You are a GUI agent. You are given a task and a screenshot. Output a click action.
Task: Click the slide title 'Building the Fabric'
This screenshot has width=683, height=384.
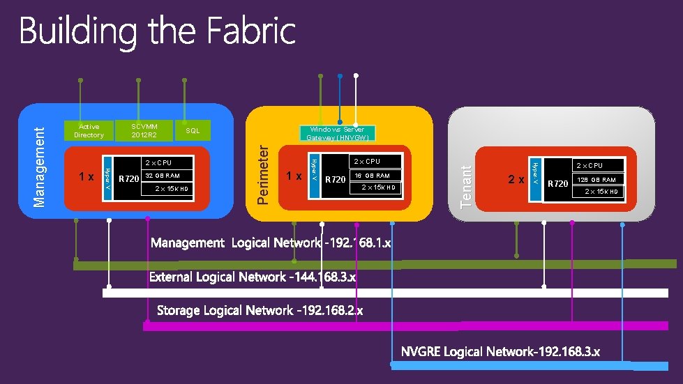(x=158, y=32)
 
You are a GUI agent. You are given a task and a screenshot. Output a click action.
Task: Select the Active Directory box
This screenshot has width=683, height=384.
(x=89, y=130)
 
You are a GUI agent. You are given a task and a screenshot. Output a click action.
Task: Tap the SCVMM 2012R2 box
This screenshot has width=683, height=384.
(x=144, y=130)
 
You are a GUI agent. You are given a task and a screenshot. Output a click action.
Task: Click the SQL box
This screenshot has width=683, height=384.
(x=193, y=130)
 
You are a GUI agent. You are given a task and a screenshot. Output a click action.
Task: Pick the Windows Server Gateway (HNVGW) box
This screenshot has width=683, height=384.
(x=338, y=133)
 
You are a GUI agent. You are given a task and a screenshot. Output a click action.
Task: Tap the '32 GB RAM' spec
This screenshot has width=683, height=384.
(x=163, y=176)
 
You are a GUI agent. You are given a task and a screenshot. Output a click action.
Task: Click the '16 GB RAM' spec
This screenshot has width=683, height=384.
(x=373, y=176)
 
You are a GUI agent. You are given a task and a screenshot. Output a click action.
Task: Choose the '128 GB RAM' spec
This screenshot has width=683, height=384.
(x=596, y=180)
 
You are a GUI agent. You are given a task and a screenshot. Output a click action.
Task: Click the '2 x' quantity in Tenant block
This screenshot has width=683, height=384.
(x=516, y=180)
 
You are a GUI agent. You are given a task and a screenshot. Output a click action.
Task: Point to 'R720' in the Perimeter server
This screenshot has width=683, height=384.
(x=336, y=179)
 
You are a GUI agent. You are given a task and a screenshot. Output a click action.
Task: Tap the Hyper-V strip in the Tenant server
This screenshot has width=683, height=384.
(x=535, y=180)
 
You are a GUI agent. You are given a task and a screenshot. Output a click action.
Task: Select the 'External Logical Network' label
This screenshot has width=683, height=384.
(x=253, y=277)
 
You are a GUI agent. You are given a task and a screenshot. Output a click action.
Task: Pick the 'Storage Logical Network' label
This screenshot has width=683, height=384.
(x=260, y=310)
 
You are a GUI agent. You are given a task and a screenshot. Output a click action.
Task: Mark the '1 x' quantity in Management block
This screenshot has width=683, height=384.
(x=87, y=177)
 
